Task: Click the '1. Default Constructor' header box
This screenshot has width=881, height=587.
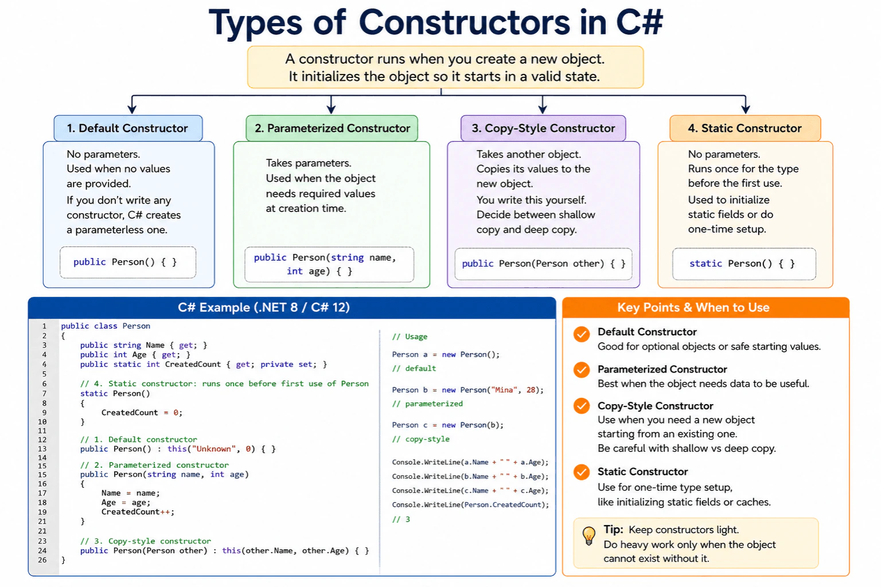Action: click(128, 128)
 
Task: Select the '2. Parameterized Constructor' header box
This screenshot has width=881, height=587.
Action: click(332, 128)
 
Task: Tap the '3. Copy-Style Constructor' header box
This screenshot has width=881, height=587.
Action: click(543, 128)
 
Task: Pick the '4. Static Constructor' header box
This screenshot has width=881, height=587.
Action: click(745, 128)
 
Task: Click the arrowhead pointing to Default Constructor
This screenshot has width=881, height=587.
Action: click(132, 109)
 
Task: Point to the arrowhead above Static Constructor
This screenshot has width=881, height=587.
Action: click(745, 109)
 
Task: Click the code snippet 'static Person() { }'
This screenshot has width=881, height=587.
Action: click(742, 264)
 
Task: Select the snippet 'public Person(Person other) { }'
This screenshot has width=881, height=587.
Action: click(544, 264)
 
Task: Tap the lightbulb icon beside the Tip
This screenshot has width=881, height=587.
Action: click(589, 535)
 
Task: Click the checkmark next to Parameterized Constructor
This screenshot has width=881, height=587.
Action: click(581, 370)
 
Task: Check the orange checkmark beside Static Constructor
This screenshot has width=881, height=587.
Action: click(581, 472)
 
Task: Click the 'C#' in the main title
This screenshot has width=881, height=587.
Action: click(640, 22)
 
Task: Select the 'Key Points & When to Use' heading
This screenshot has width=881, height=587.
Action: click(693, 307)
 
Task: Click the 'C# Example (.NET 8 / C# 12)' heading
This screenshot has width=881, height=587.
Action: click(264, 307)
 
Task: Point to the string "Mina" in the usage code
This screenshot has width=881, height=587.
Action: click(504, 390)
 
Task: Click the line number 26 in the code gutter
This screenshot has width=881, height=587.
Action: click(42, 560)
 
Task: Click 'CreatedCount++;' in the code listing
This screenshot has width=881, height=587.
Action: click(138, 512)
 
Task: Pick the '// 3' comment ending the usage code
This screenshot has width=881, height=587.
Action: click(401, 519)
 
